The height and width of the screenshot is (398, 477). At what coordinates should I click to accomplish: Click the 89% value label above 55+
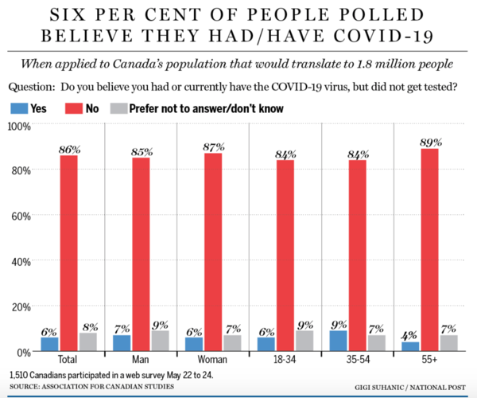click(x=429, y=141)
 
